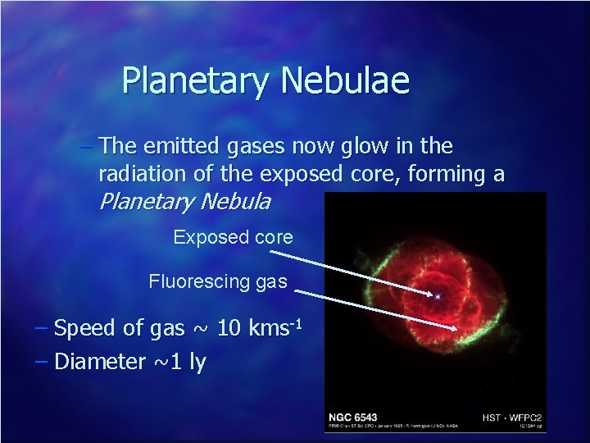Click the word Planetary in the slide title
(x=197, y=81)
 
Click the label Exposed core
(x=233, y=238)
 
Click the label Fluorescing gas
(x=218, y=282)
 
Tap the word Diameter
(x=102, y=361)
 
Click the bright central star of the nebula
(x=438, y=295)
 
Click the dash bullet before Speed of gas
(x=42, y=328)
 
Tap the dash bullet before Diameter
(x=42, y=361)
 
